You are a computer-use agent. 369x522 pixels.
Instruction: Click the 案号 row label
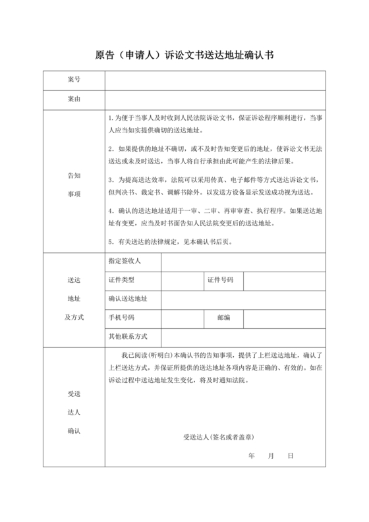(x=74, y=80)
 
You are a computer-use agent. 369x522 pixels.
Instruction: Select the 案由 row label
(x=74, y=100)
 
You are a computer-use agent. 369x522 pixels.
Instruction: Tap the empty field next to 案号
(x=215, y=80)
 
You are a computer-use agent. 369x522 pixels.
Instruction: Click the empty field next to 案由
(x=215, y=100)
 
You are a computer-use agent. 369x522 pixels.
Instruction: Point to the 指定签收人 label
(x=125, y=261)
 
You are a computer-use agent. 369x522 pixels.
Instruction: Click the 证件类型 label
(x=123, y=280)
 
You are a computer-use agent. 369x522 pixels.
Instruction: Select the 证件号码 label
(x=221, y=280)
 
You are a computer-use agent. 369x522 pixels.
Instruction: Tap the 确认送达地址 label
(x=128, y=299)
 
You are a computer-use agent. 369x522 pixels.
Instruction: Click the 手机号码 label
(x=123, y=317)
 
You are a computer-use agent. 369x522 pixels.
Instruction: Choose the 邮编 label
(x=224, y=317)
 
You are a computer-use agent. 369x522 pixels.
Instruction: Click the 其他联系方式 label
(x=128, y=336)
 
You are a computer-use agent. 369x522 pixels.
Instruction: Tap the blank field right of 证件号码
(x=284, y=280)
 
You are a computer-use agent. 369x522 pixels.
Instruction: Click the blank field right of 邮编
(x=284, y=317)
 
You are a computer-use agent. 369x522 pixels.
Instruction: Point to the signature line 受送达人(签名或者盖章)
(x=219, y=437)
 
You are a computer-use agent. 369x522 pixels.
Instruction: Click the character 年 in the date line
(x=252, y=456)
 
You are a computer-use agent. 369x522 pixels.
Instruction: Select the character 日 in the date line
(x=290, y=456)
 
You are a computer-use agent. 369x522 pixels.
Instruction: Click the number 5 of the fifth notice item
(x=111, y=241)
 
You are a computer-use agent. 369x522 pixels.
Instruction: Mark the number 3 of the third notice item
(x=111, y=179)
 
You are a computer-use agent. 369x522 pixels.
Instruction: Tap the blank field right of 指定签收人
(x=243, y=261)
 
